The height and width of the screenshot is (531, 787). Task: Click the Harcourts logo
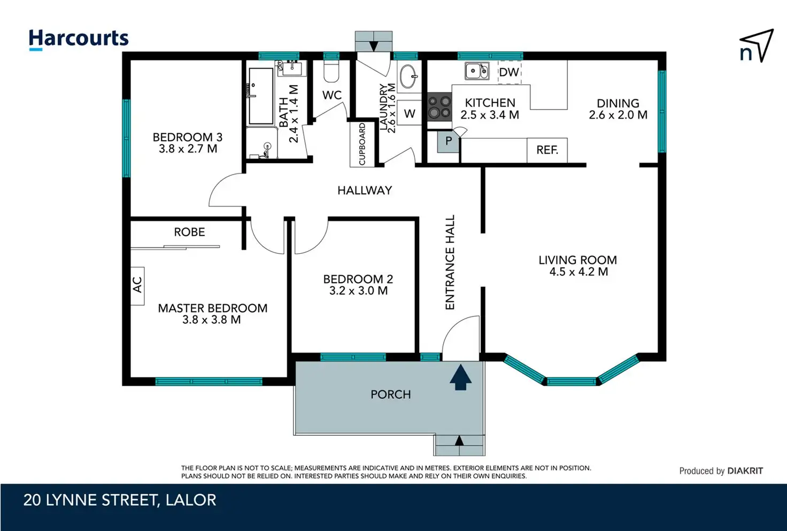[79, 40]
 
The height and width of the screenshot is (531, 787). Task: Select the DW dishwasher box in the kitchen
[509, 72]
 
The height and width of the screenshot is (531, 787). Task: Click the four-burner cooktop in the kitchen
[439, 107]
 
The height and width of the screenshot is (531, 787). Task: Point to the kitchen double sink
[477, 71]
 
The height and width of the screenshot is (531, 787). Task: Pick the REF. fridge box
[547, 150]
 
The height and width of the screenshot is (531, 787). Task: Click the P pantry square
[448, 141]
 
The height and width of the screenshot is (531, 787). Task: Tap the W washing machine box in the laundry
[410, 113]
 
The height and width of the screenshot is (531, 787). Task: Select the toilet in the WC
[331, 71]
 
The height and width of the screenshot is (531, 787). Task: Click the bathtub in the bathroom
[261, 96]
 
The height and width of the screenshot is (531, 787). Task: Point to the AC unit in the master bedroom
[137, 286]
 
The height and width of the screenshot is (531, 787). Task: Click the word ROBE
[189, 232]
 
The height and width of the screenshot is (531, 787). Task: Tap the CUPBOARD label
[362, 144]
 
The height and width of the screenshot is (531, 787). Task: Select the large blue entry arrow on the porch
[460, 377]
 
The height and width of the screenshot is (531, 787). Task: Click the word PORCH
[391, 395]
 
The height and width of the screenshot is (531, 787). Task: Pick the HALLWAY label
[365, 191]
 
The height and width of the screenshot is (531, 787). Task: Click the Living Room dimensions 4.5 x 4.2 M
[578, 272]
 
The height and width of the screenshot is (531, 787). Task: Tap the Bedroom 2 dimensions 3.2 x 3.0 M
[358, 291]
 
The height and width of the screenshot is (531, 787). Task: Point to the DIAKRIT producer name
[745, 471]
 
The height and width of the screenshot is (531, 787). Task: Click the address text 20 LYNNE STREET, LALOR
[120, 500]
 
